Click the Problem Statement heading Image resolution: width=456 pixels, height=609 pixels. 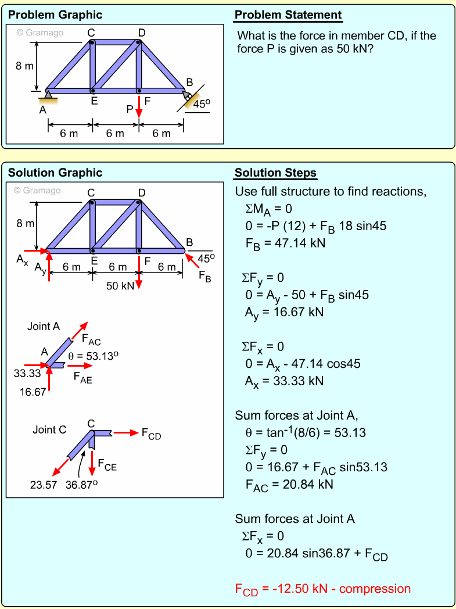click(x=288, y=15)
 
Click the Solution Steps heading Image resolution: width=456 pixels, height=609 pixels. click(x=276, y=173)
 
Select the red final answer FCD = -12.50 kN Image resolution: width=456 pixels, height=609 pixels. click(x=322, y=589)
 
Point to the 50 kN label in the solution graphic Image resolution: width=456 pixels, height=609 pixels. click(x=120, y=285)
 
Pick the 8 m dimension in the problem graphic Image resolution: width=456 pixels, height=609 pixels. click(x=24, y=66)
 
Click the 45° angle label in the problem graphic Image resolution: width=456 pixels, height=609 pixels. click(x=202, y=104)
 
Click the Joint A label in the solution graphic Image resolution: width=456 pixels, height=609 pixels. click(x=44, y=327)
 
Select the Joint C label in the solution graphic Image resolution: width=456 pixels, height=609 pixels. click(x=49, y=430)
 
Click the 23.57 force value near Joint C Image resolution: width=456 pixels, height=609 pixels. click(x=44, y=485)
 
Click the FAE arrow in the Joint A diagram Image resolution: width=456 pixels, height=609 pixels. click(x=80, y=366)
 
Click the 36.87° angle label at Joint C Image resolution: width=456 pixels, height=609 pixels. click(x=80, y=485)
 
